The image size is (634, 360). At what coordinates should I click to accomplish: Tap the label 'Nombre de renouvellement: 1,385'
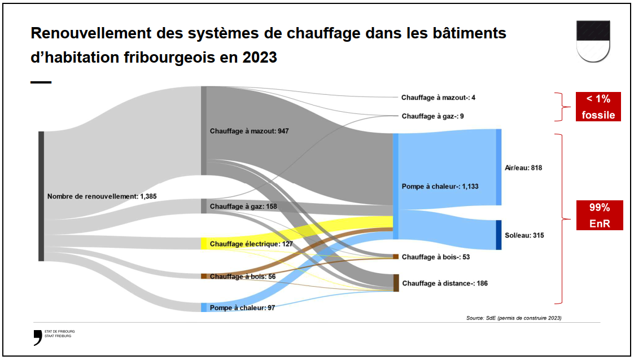[x=102, y=196]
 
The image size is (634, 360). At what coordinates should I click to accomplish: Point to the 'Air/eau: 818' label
[x=524, y=168]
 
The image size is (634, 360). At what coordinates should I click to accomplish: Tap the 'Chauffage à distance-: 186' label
[x=445, y=283]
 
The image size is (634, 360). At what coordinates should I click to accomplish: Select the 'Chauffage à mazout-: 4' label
[x=438, y=98]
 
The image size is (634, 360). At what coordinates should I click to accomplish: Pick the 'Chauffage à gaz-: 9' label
[x=432, y=116]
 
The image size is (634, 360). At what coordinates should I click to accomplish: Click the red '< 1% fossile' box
[x=598, y=107]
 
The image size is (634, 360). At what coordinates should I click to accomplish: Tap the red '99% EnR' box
[x=600, y=215]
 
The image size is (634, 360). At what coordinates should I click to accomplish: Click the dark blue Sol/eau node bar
[x=499, y=235]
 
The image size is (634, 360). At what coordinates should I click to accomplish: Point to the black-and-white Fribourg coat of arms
[x=593, y=41]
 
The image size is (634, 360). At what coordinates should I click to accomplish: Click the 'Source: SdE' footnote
[x=514, y=318]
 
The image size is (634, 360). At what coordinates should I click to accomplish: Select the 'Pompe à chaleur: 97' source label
[x=242, y=308]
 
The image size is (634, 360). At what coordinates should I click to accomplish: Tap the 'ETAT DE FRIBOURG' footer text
[x=59, y=331]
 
